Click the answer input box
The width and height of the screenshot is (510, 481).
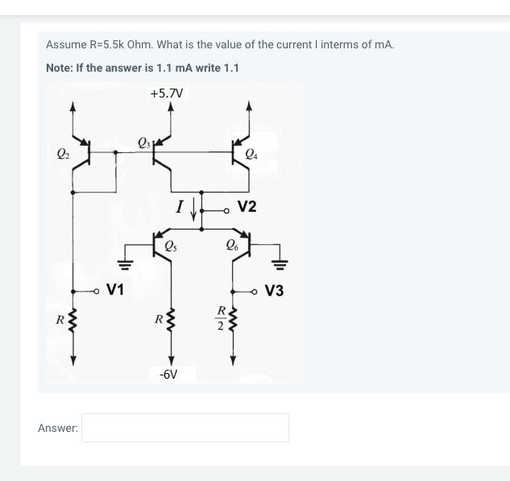[x=185, y=428]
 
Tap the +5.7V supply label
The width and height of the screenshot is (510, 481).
[x=166, y=93]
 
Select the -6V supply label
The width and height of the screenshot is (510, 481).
[x=168, y=375]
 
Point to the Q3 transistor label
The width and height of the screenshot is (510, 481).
[x=144, y=143]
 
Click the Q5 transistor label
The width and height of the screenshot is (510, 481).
[x=171, y=246]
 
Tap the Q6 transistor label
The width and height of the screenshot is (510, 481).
[x=233, y=246]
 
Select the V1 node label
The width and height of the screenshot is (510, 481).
[x=115, y=289]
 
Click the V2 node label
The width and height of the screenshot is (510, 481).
[x=247, y=207]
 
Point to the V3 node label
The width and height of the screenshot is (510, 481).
[x=274, y=291]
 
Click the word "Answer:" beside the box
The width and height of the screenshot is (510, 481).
[x=58, y=428]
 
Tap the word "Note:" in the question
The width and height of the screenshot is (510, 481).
[x=60, y=68]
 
